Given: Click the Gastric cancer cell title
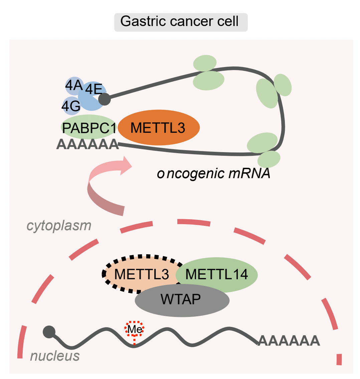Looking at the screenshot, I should [x=181, y=22].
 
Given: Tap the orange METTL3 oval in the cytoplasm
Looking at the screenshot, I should [x=159, y=128].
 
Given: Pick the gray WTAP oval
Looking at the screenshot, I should [x=182, y=300].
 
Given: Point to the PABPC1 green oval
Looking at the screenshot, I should [x=89, y=127].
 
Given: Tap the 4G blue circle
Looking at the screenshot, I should [x=70, y=106].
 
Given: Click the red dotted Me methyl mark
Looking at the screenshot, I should [x=135, y=329].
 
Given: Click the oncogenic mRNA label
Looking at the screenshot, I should [x=213, y=173].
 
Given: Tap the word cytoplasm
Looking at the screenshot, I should [x=59, y=226].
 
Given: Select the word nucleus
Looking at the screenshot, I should [x=55, y=356].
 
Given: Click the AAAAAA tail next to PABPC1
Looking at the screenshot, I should [x=87, y=145].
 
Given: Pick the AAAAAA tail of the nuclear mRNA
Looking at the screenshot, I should [x=289, y=341].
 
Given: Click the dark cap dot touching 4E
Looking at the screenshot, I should [x=105, y=99].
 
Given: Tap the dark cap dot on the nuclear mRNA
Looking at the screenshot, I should [x=49, y=332].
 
